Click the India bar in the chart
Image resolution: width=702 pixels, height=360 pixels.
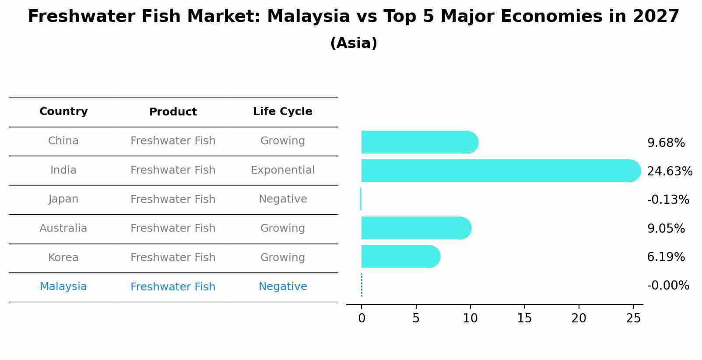pyautogui.click(x=499, y=171)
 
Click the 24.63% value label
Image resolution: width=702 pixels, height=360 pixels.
pyautogui.click(x=669, y=171)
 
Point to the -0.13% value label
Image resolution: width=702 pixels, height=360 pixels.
pyautogui.click(x=668, y=199)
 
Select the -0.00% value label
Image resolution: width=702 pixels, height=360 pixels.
pyautogui.click(x=668, y=285)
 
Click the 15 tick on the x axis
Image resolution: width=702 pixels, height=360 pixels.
pyautogui.click(x=524, y=318)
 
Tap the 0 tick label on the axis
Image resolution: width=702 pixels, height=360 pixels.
pyautogui.click(x=362, y=318)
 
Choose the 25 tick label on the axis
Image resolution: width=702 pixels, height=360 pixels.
pyautogui.click(x=633, y=318)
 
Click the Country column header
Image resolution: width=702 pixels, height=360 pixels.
pyautogui.click(x=63, y=112)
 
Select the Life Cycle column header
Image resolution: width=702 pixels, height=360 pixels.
pyautogui.click(x=282, y=112)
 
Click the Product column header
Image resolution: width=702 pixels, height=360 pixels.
pyautogui.click(x=173, y=112)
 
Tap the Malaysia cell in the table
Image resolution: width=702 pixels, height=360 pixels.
pyautogui.click(x=63, y=287)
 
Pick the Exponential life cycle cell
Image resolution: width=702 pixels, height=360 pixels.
pyautogui.click(x=282, y=170)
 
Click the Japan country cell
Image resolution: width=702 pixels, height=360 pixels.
pyautogui.click(x=63, y=199)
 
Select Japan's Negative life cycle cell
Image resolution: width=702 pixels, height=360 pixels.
pyautogui.click(x=282, y=199)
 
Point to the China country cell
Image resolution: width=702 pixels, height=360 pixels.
pyautogui.click(x=63, y=141)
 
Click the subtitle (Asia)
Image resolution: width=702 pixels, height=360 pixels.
pyautogui.click(x=354, y=43)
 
